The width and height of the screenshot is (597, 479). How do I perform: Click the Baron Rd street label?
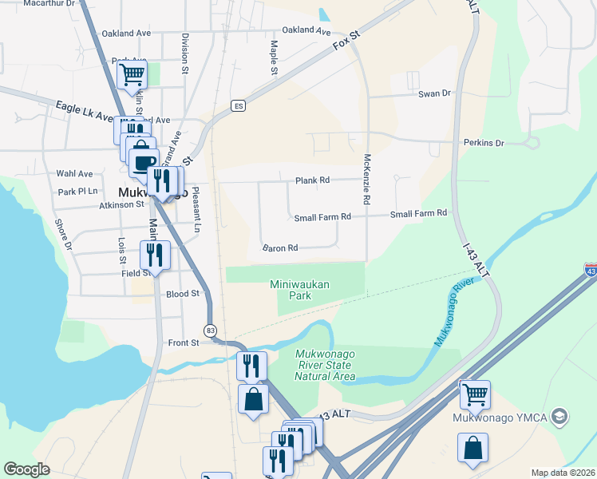280,248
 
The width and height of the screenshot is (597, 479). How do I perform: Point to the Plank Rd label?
312,180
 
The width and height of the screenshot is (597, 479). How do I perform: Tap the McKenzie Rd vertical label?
368,180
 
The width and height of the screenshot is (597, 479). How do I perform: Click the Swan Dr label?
434,93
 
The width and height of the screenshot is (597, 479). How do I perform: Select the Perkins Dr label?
484,143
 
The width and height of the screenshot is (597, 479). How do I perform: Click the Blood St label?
183,294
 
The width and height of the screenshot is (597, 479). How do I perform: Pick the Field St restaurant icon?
153,255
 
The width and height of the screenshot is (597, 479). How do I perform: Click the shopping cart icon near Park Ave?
132,75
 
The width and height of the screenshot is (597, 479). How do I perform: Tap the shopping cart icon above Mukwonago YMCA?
474,394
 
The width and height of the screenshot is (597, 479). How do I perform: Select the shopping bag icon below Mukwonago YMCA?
472,447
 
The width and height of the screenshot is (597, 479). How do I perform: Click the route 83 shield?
210,330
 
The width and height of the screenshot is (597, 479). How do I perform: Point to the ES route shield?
237,105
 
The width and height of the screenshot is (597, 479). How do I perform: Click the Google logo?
26,469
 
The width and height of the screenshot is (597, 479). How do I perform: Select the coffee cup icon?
144,163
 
